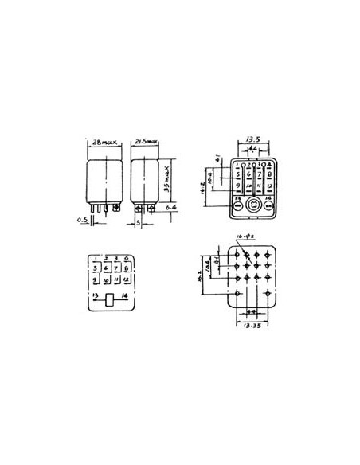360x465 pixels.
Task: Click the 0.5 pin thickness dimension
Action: point(82,220)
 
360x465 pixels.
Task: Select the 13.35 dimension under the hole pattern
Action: point(253,326)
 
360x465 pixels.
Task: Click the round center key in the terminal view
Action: point(253,205)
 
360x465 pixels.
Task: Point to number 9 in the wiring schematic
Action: point(96,280)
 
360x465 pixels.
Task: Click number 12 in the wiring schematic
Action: point(127,280)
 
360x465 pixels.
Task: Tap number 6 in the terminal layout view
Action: point(248,173)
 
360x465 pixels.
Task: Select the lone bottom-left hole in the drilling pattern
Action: point(238,293)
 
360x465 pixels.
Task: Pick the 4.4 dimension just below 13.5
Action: point(254,148)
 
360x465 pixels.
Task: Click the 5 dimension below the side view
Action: point(138,224)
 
